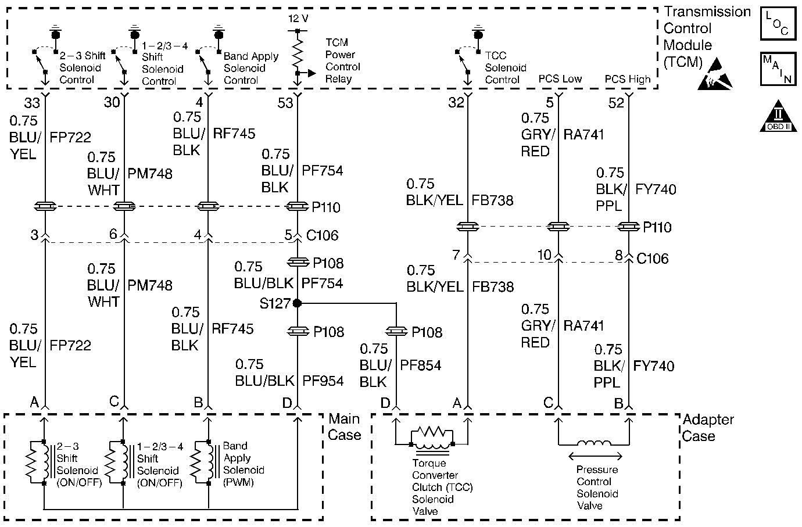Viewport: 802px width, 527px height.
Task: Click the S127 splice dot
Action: click(297, 303)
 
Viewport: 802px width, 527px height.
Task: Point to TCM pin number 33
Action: click(32, 103)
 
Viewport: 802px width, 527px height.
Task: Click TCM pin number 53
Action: click(285, 103)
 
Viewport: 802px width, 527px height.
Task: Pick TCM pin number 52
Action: click(615, 103)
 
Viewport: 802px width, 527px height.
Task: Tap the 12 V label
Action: click(298, 18)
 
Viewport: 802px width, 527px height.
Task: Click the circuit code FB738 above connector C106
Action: click(493, 200)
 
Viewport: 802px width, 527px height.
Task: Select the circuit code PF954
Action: click(323, 381)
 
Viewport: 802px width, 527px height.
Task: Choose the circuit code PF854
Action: click(421, 365)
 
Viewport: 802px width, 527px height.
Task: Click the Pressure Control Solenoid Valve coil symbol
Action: click(592, 444)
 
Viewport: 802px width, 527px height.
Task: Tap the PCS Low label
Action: click(560, 79)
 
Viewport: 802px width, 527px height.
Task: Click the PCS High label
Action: click(628, 79)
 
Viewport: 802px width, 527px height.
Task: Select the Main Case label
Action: click(345, 427)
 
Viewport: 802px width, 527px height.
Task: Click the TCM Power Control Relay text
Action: click(342, 61)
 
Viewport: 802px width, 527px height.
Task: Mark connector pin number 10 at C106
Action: click(544, 254)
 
